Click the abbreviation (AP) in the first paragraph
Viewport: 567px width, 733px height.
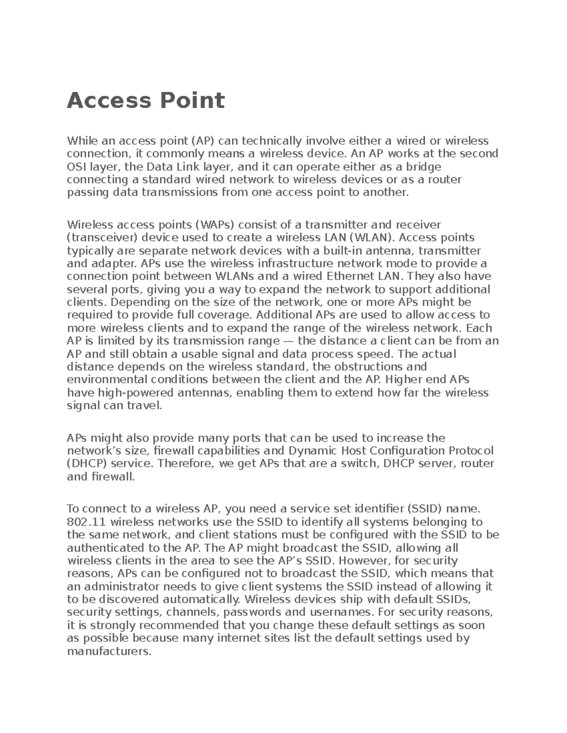coord(203,141)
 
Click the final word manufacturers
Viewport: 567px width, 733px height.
coord(109,652)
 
